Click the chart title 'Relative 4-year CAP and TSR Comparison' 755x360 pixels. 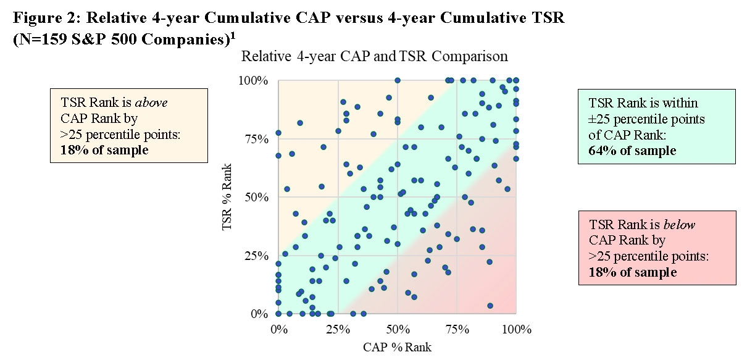374,57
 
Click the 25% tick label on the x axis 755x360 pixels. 338,329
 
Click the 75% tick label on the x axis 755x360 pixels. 457,329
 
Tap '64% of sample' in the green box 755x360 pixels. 633,151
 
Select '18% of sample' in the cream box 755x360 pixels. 105,150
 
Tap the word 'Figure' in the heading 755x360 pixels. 36,19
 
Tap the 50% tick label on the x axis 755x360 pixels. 398,329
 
